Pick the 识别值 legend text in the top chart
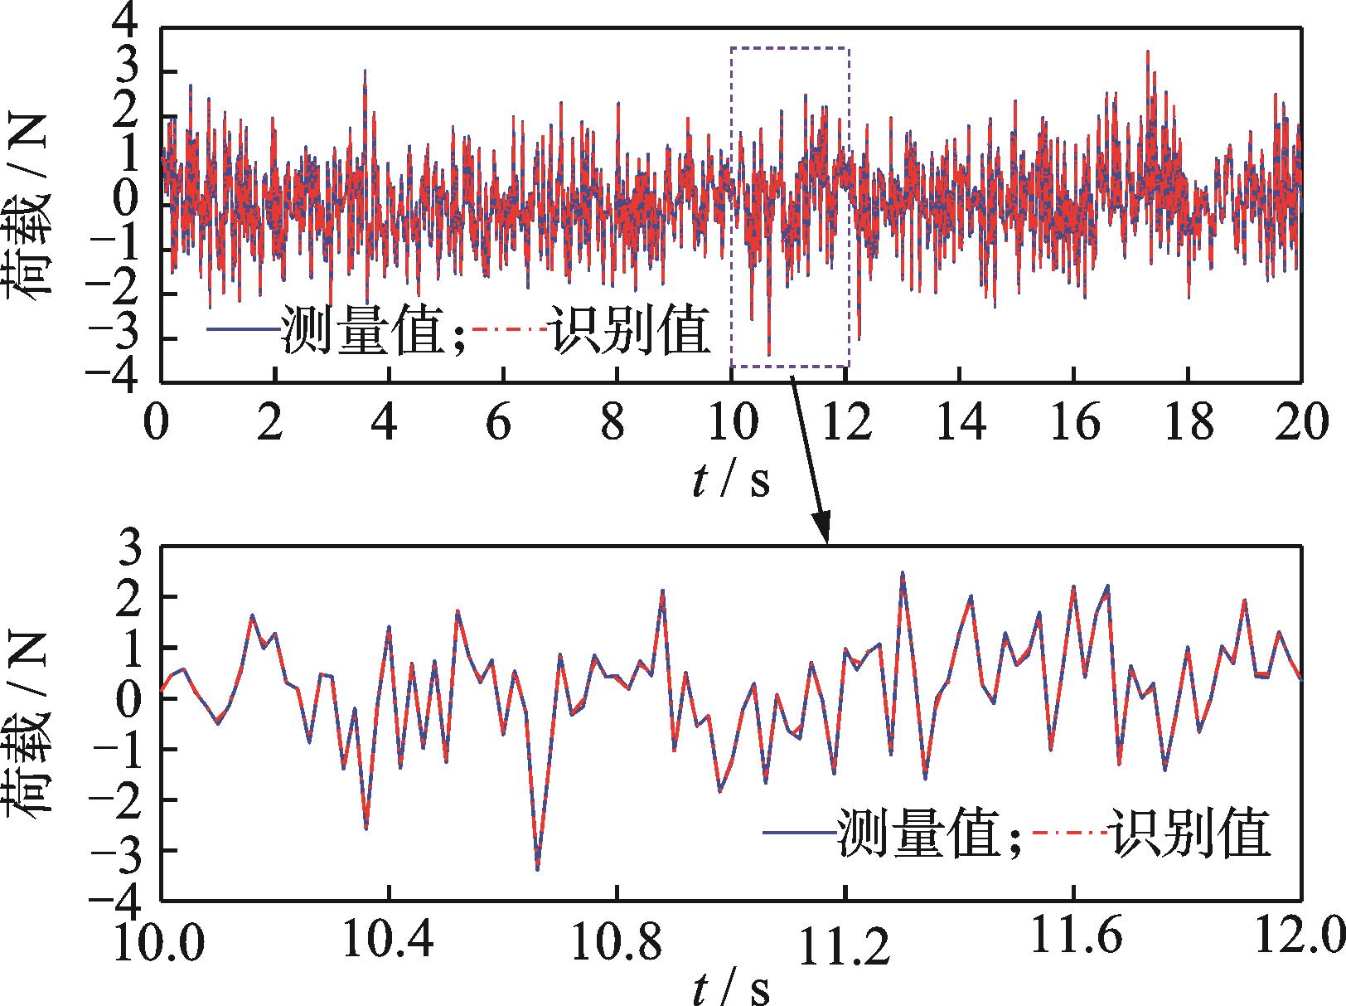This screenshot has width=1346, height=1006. pos(632,331)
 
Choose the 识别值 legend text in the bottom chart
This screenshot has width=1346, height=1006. pos(1191,833)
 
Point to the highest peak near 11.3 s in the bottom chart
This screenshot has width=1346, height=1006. pos(903,572)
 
